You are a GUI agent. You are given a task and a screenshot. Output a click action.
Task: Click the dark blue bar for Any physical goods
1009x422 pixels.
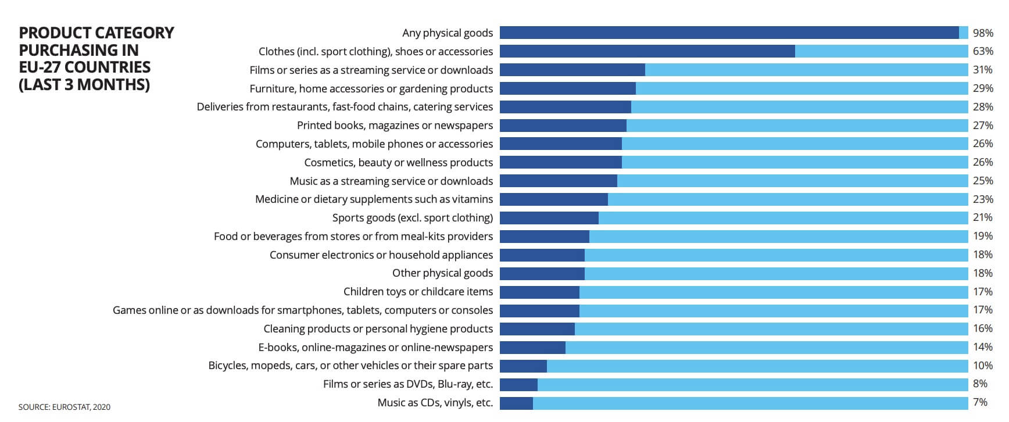click(x=729, y=33)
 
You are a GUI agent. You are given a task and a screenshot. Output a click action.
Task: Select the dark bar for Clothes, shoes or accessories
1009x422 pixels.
click(x=647, y=51)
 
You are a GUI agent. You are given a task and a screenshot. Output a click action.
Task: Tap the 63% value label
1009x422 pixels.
click(x=983, y=51)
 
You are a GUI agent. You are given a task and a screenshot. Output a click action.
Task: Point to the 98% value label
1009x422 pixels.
click(x=983, y=33)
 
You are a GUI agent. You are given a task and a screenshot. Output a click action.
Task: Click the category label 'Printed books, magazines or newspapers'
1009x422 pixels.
click(x=395, y=126)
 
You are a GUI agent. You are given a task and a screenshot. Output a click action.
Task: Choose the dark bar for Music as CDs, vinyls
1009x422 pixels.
click(x=516, y=403)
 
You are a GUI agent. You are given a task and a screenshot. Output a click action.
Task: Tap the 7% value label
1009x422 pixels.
click(x=980, y=402)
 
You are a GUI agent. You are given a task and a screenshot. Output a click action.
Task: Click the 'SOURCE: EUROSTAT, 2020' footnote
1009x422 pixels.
click(x=64, y=407)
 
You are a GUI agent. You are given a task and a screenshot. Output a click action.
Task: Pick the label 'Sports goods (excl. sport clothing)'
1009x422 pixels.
click(x=412, y=218)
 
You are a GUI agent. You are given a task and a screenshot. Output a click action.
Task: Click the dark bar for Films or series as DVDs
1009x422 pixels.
click(x=518, y=384)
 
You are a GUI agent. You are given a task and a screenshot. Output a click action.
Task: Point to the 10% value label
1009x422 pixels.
click(x=983, y=366)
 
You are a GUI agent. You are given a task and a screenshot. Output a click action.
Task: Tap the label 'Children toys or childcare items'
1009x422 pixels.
click(x=418, y=292)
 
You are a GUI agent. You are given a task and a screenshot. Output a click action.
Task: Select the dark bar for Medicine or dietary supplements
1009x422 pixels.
click(x=553, y=199)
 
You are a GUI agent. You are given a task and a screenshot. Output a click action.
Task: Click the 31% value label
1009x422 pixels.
click(x=983, y=70)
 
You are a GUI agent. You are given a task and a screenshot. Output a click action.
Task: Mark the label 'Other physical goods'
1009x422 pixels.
click(x=442, y=273)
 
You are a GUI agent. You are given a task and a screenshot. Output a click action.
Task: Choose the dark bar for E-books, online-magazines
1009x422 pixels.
click(x=532, y=348)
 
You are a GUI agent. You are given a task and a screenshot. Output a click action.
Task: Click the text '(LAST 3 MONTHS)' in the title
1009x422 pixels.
click(x=84, y=85)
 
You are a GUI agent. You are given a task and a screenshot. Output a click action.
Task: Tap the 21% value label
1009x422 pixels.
click(x=983, y=217)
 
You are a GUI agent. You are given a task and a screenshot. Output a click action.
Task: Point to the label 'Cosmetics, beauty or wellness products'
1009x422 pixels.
click(x=398, y=163)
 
